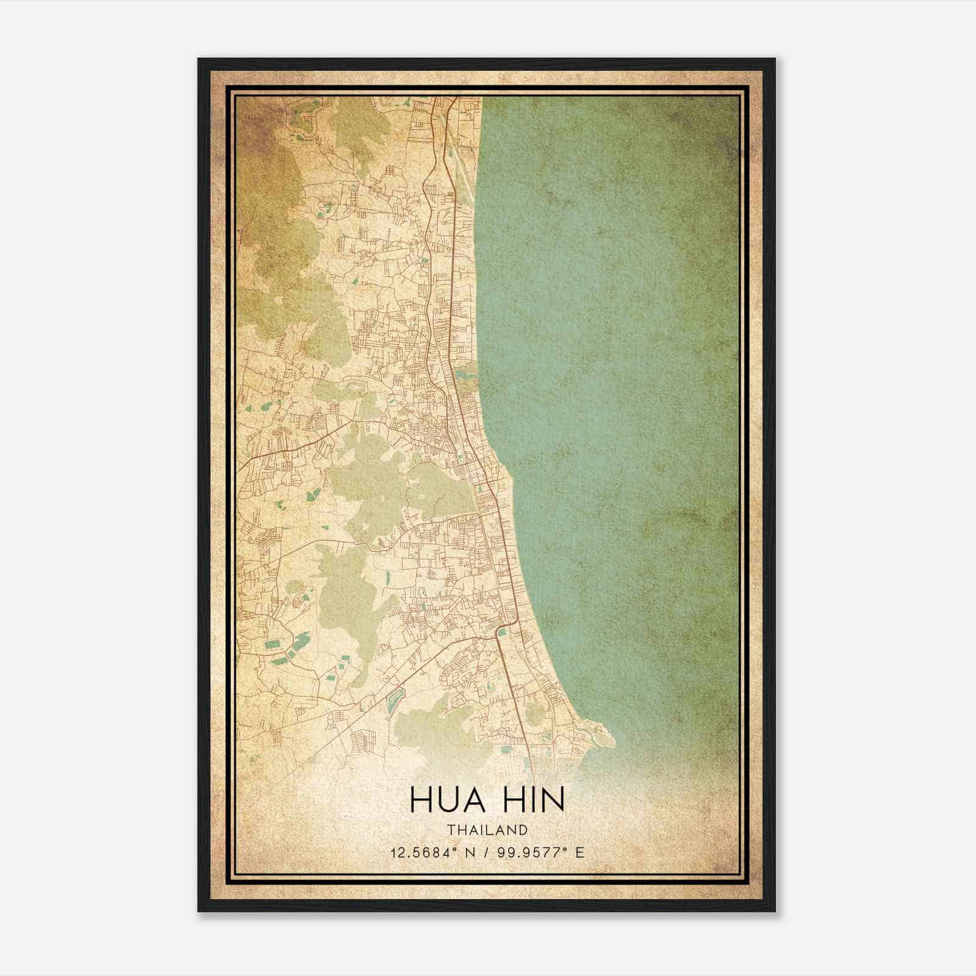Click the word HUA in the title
click(448, 800)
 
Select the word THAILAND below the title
click(487, 830)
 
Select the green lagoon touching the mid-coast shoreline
click(467, 372)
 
